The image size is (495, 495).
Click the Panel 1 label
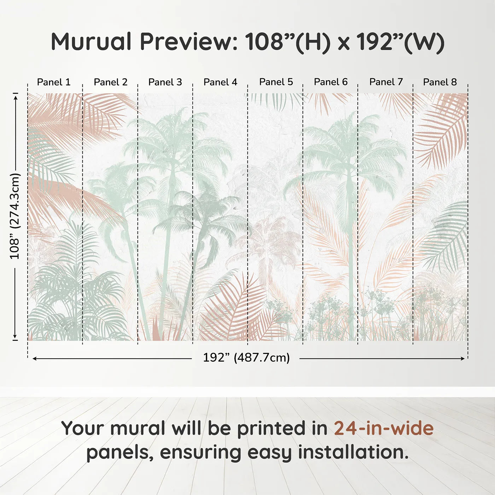click(x=54, y=82)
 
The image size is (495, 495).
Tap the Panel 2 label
click(x=110, y=82)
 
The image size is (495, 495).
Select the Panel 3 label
click(x=165, y=82)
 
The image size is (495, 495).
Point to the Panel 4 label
click(x=220, y=82)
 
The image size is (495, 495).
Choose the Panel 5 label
click(x=276, y=82)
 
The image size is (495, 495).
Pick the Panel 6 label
click(x=331, y=82)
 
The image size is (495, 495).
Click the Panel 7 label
click(x=386, y=82)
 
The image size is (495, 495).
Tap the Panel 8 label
click(x=440, y=82)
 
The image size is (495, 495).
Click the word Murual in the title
click(x=91, y=42)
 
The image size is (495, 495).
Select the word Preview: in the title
click(x=189, y=42)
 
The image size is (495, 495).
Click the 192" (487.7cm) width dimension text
click(x=246, y=358)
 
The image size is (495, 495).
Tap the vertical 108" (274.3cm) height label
click(x=15, y=216)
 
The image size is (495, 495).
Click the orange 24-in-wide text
click(x=384, y=428)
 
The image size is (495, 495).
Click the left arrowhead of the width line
click(x=34, y=359)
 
